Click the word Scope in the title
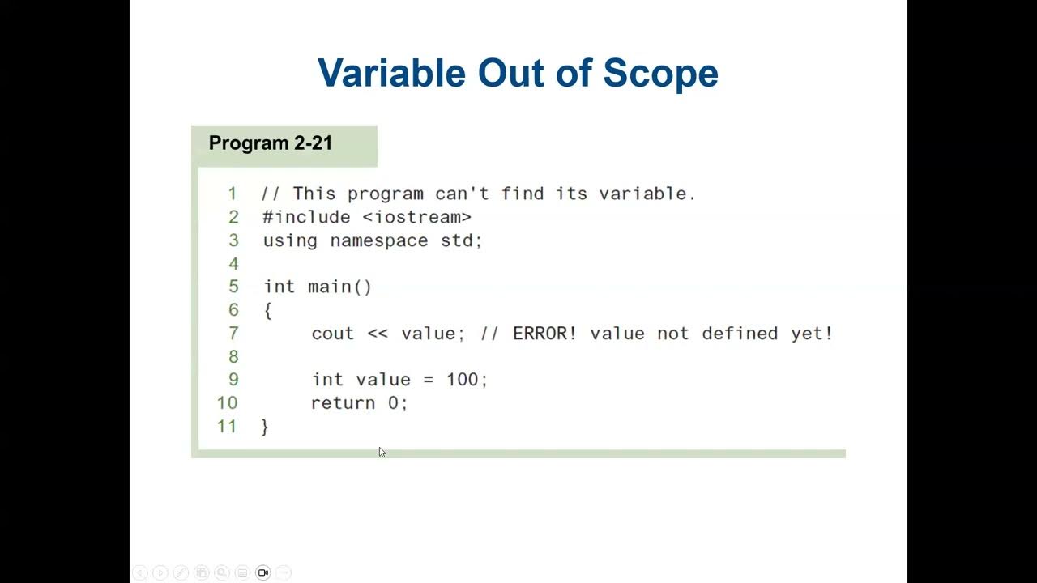coord(660,73)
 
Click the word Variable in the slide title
coord(391,73)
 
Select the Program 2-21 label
coord(271,143)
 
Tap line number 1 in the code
coord(233,194)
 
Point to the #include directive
coord(306,217)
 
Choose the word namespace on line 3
coord(378,240)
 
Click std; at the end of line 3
coord(461,240)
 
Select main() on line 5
coord(339,287)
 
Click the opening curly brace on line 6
coord(267,310)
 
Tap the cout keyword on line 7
coord(333,334)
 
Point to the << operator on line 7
coord(378,334)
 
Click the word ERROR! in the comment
coord(544,334)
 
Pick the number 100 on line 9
coord(463,380)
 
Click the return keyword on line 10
coord(344,403)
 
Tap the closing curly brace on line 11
coord(265,427)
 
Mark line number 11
coord(227,427)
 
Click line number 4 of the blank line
coord(233,264)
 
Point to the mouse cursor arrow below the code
coord(382,452)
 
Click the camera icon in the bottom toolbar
coord(262,572)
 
